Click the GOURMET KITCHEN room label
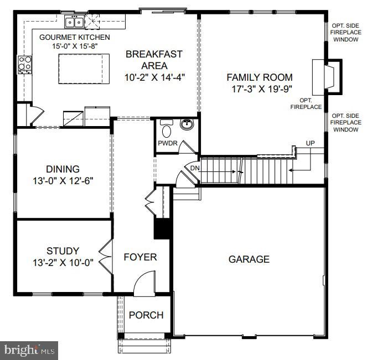(74, 37)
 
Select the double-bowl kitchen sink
(74, 22)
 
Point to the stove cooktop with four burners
(24, 64)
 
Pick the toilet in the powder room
(166, 130)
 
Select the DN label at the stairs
(195, 168)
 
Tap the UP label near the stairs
(311, 144)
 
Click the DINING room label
(63, 169)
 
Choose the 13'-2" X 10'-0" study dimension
(63, 262)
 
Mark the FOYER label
(140, 257)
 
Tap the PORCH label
(146, 315)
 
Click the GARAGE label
(249, 259)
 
